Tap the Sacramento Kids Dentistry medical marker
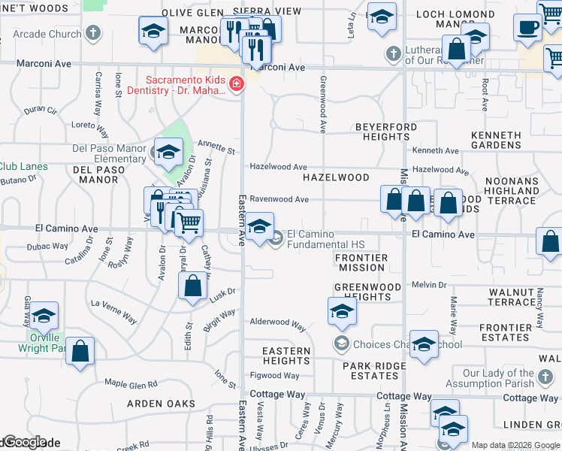237,83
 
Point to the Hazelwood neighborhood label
336,177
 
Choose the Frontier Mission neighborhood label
363,262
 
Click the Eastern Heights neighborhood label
286,356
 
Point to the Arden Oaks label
161,404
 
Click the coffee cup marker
527,27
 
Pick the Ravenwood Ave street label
279,199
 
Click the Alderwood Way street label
278,324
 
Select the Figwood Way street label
275,376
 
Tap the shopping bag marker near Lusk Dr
192,286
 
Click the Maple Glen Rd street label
131,384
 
